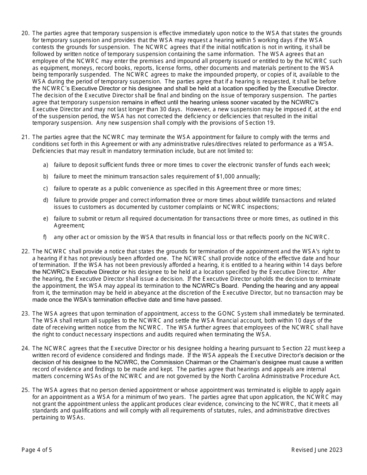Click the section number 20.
point(25,33)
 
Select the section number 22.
point(25,251)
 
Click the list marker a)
point(46,165)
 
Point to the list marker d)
point(46,200)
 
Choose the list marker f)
point(45,237)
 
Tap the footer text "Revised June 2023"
point(317,450)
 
